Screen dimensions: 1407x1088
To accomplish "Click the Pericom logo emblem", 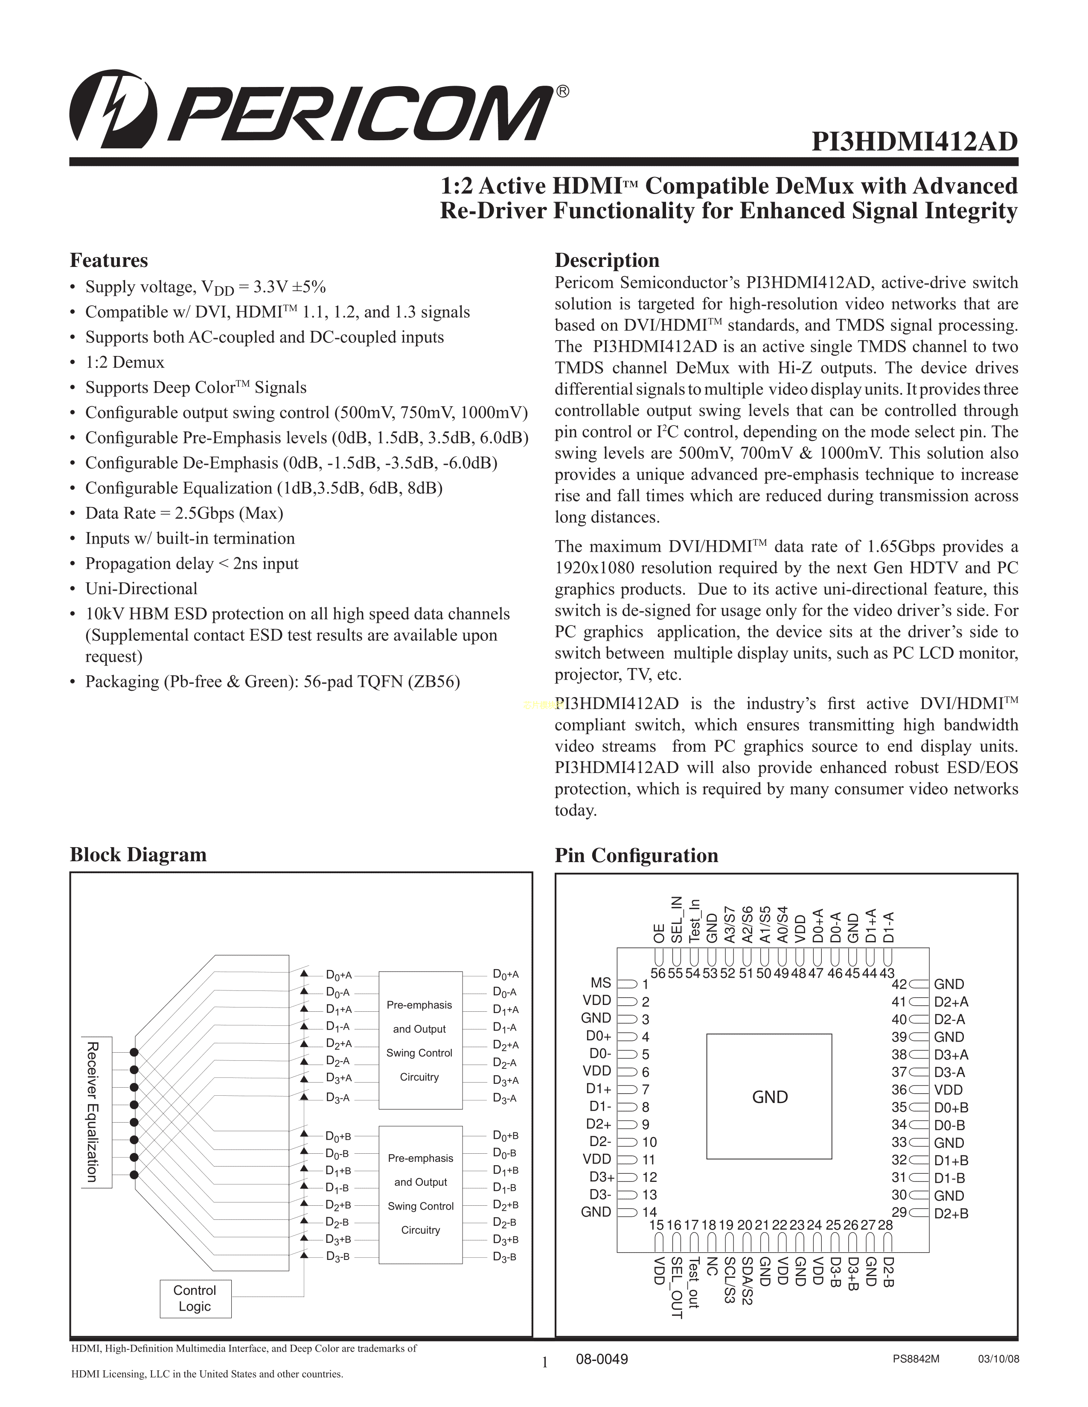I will click(x=113, y=107).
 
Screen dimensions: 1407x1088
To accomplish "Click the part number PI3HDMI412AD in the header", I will click(x=914, y=142).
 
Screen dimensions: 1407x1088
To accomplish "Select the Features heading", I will click(x=108, y=260).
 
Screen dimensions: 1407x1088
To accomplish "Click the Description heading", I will click(x=607, y=260).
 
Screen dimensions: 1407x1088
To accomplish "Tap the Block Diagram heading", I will click(x=138, y=855).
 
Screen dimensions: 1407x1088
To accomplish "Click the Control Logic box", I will click(x=195, y=1298).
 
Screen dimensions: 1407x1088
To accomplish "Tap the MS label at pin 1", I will click(x=601, y=983).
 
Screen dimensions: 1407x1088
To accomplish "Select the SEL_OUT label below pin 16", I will click(x=676, y=1288).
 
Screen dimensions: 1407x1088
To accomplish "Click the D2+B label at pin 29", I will click(x=951, y=1213).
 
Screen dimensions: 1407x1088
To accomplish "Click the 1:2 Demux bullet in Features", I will click(x=125, y=362).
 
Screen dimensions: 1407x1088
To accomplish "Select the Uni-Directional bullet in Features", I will click(x=141, y=589).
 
